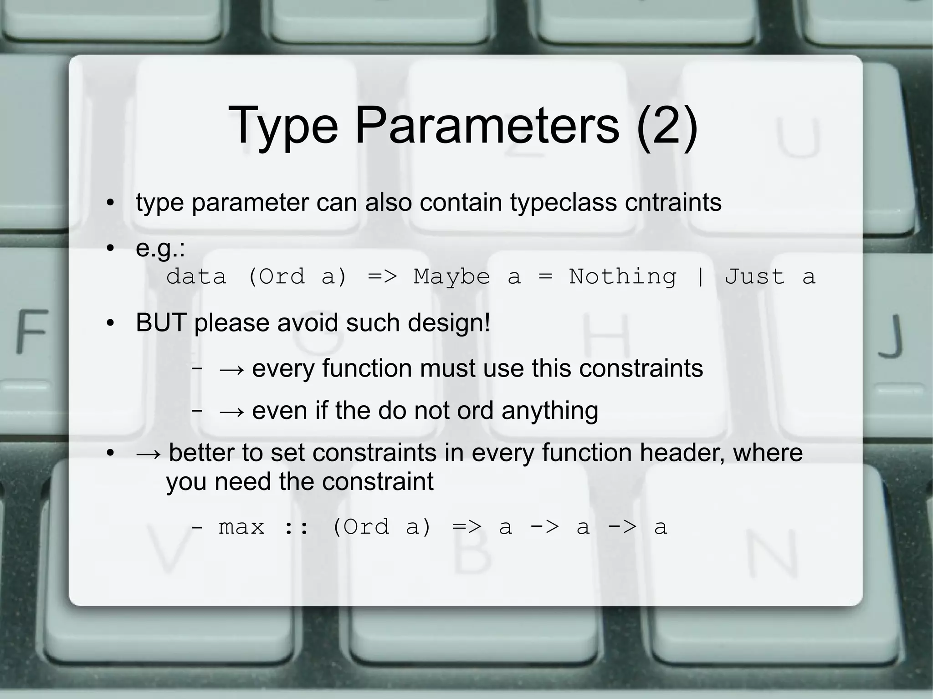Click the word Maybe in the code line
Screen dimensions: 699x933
[x=451, y=277]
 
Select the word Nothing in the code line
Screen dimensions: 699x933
[x=623, y=277]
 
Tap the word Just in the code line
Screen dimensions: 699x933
[x=755, y=277]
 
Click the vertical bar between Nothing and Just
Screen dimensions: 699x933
[x=700, y=277]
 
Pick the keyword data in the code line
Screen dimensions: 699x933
[x=196, y=277]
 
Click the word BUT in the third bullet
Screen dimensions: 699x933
[x=161, y=323]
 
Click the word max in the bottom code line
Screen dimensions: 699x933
[x=241, y=527]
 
